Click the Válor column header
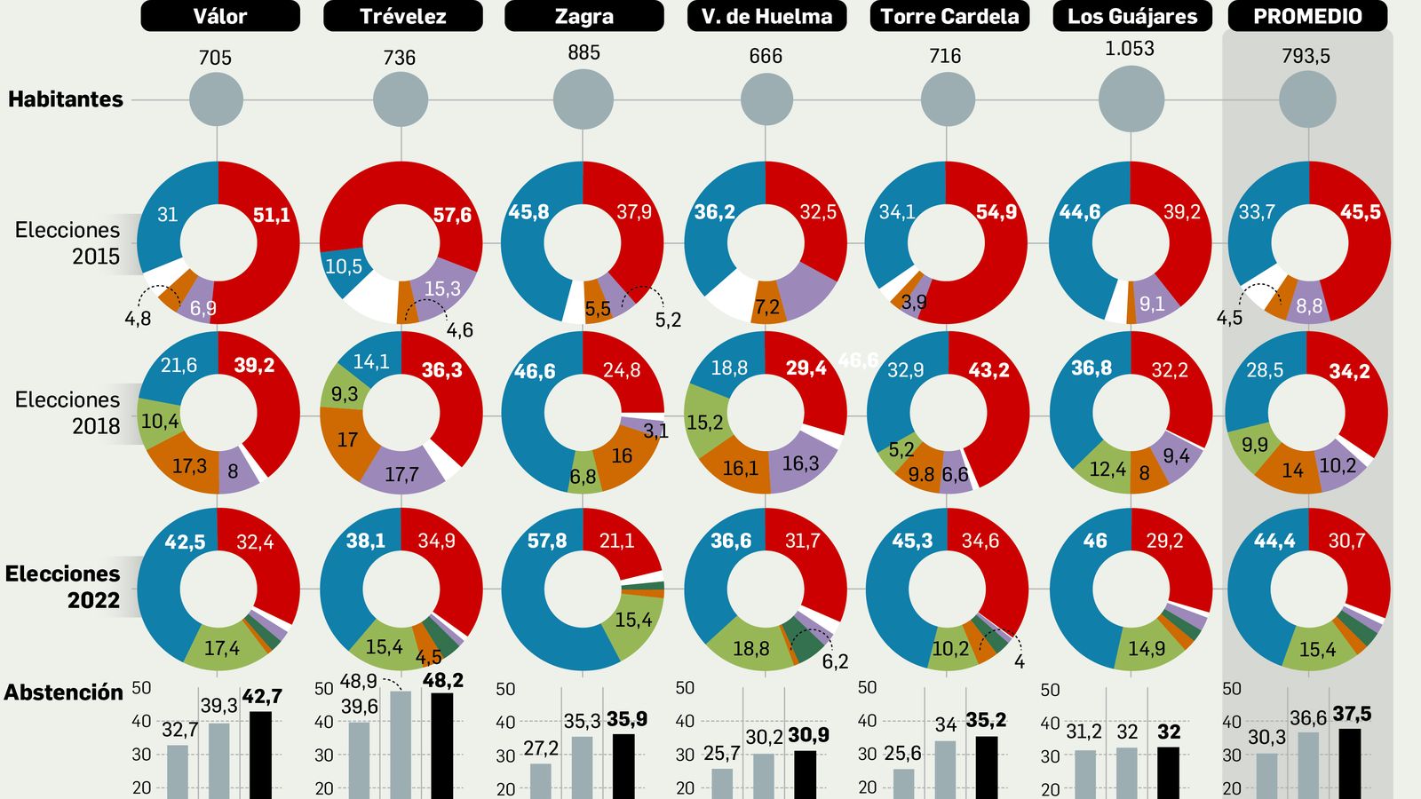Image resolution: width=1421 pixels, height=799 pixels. pos(220,16)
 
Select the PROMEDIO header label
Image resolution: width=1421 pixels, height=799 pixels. pos(1306,16)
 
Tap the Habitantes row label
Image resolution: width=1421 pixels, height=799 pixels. pos(66,99)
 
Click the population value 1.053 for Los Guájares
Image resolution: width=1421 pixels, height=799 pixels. pos(1129,49)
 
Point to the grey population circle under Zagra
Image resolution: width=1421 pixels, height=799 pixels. pos(583,99)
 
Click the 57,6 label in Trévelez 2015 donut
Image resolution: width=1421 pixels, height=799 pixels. pos(452,216)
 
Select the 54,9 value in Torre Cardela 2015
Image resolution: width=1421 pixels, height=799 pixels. pos(996,212)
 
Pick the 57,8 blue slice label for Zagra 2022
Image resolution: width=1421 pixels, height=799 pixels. pos(547,541)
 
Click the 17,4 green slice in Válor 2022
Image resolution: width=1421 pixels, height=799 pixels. pos(222,648)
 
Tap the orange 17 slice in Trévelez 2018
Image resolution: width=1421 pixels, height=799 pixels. pos(347,439)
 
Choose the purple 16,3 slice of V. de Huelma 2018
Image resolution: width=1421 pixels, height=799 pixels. pos(800,463)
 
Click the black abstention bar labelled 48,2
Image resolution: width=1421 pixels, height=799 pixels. pos(441,746)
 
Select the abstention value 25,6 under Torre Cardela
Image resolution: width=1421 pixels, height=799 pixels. pos(902,754)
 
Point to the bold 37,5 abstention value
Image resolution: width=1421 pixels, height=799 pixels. pos(1352,714)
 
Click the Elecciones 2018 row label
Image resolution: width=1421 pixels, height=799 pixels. pos(67,413)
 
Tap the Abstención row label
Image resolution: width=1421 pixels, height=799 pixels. pos(63,692)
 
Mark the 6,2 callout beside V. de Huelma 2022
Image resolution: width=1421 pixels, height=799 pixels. pos(835,661)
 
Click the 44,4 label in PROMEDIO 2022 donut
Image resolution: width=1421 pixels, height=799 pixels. pos(1274,541)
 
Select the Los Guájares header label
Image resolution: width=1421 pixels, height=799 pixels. pos(1132,16)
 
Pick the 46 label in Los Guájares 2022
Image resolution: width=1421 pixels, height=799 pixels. pos(1095,541)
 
